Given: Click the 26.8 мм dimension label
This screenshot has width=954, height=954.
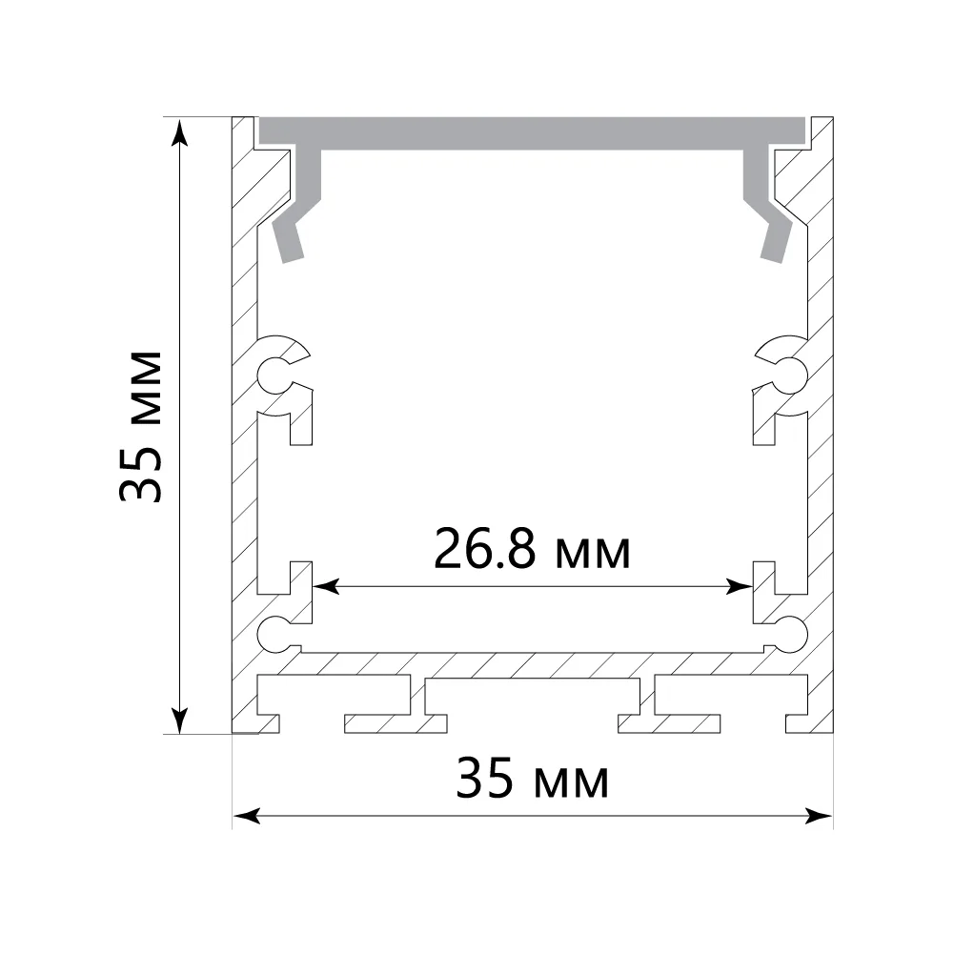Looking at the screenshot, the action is coord(533,549).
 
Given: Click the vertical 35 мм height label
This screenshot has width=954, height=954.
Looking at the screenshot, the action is coord(141,426).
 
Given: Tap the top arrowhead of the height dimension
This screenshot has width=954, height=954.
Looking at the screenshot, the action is coord(180,132).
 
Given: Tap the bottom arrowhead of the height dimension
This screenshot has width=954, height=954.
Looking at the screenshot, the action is coord(180,720).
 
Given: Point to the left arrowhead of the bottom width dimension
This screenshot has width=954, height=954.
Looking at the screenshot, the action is coord(247,816).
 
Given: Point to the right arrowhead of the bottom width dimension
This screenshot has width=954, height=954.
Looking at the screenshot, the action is coord(819,816).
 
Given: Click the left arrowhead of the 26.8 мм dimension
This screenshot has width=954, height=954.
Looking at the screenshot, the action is coord(326,586).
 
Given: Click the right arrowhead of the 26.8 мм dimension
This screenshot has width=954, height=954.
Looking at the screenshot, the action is coord(740,586).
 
